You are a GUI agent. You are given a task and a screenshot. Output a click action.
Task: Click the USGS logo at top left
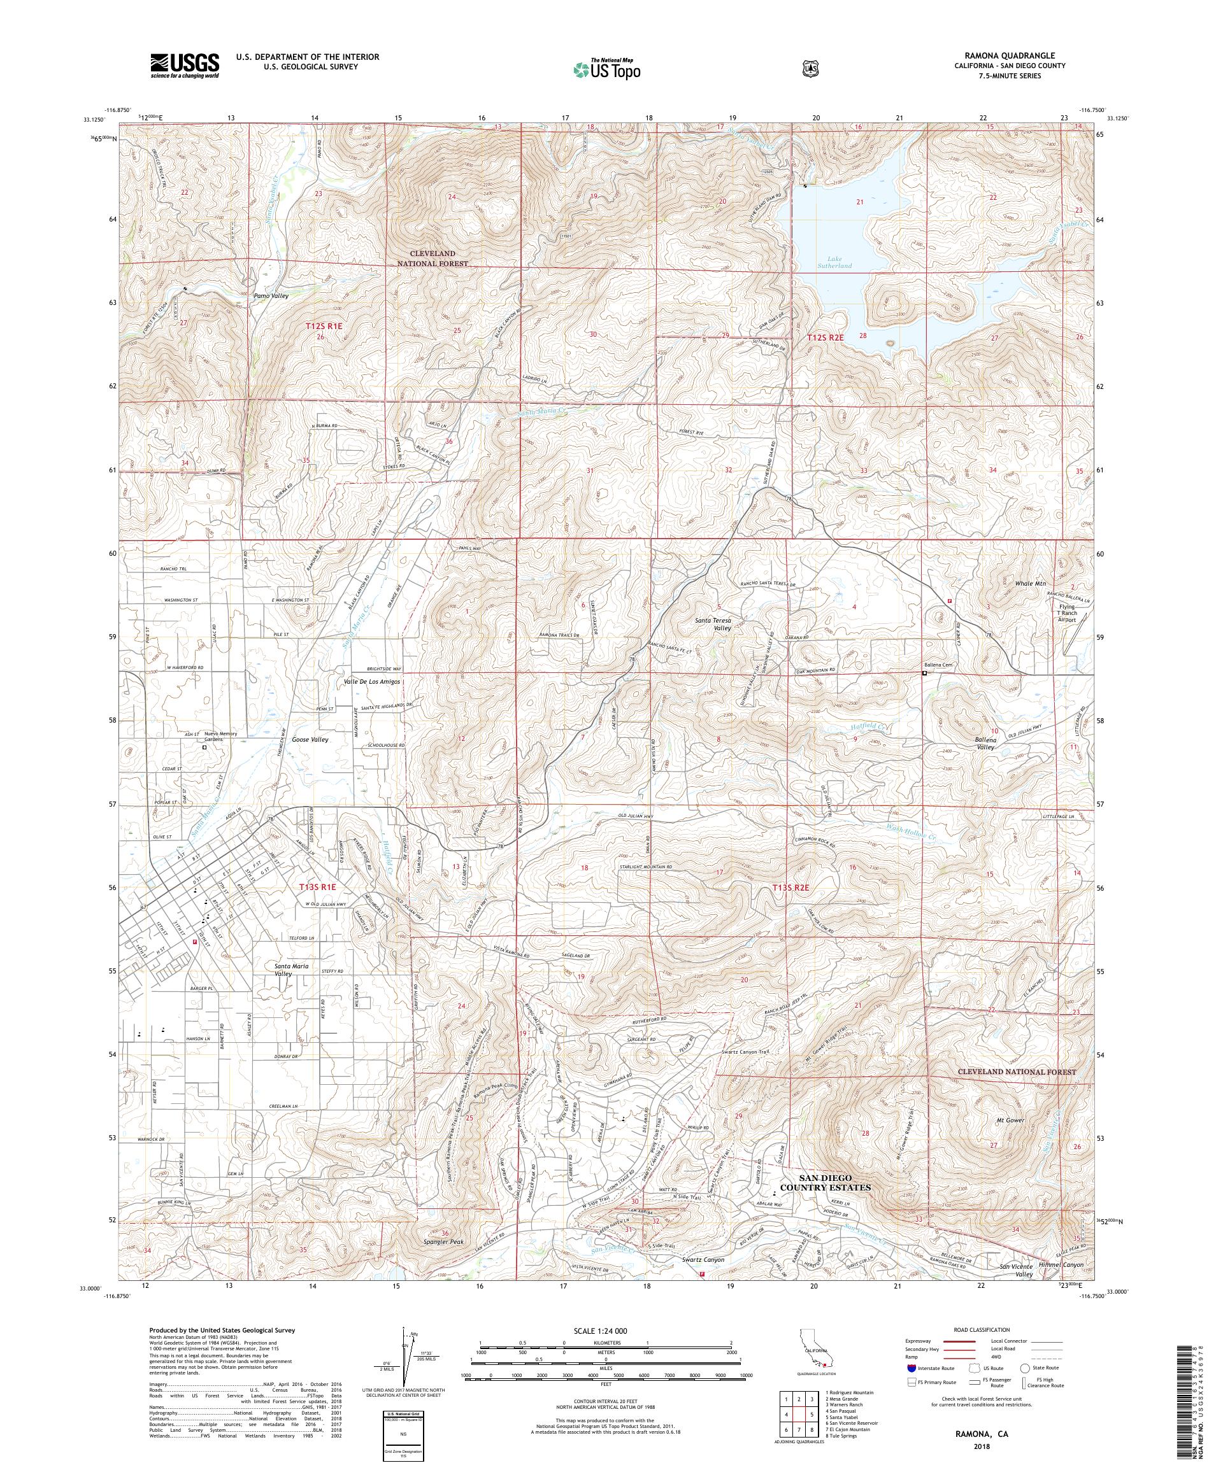click(184, 66)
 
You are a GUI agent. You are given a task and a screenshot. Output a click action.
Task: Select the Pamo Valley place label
click(271, 296)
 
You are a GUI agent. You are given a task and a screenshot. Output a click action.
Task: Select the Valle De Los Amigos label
click(371, 682)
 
